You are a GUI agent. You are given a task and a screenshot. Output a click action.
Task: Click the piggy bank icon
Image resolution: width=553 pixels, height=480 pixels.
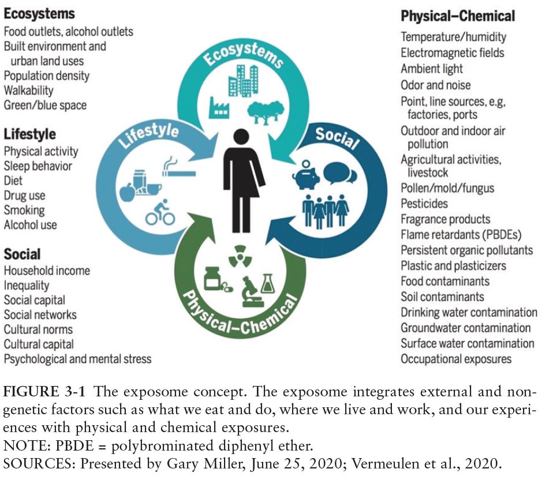[x=306, y=175]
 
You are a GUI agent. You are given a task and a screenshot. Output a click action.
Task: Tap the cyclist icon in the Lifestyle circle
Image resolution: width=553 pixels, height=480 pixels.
[x=160, y=212]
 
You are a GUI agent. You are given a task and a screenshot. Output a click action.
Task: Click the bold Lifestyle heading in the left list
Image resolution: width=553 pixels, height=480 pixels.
[x=30, y=134]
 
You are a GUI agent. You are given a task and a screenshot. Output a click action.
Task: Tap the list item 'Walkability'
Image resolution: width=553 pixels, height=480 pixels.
[x=28, y=91]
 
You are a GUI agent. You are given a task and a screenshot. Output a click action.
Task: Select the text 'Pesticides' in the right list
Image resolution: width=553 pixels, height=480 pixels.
[x=424, y=204]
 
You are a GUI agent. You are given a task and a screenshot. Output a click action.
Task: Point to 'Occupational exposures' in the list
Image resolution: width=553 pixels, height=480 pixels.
[x=456, y=359]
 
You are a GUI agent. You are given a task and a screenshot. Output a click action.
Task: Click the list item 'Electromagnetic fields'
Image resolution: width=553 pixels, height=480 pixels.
[x=453, y=53]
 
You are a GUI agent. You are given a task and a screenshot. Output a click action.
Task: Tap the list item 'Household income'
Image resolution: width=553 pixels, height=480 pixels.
[x=47, y=270]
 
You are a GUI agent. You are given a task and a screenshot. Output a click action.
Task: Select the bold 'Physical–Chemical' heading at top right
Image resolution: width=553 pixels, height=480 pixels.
[x=458, y=16]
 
